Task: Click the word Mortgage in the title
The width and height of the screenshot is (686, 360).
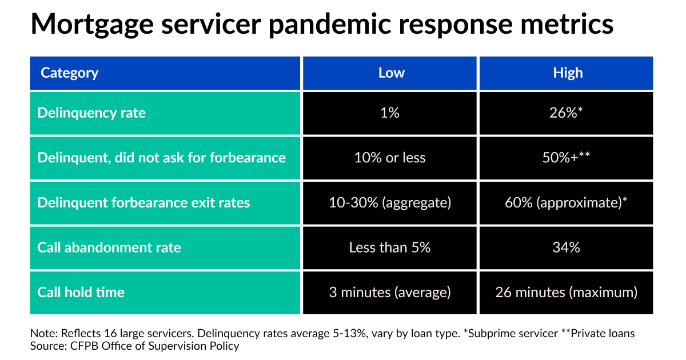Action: [92, 25]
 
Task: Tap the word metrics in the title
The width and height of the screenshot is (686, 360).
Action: [567, 24]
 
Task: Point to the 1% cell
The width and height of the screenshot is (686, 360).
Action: [390, 113]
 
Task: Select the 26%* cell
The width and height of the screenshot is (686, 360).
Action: [566, 113]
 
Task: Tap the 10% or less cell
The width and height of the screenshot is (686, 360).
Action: [390, 158]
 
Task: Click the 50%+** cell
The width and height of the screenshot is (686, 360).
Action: [566, 157]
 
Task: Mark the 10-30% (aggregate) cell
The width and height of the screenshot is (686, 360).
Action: [390, 203]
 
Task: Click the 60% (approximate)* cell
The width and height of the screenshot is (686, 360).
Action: [566, 203]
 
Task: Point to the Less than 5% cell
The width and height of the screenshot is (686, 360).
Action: [390, 247]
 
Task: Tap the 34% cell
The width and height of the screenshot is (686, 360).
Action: [566, 247]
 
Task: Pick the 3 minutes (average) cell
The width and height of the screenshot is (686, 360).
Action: [390, 293]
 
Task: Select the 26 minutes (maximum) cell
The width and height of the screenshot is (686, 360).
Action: [567, 293]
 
